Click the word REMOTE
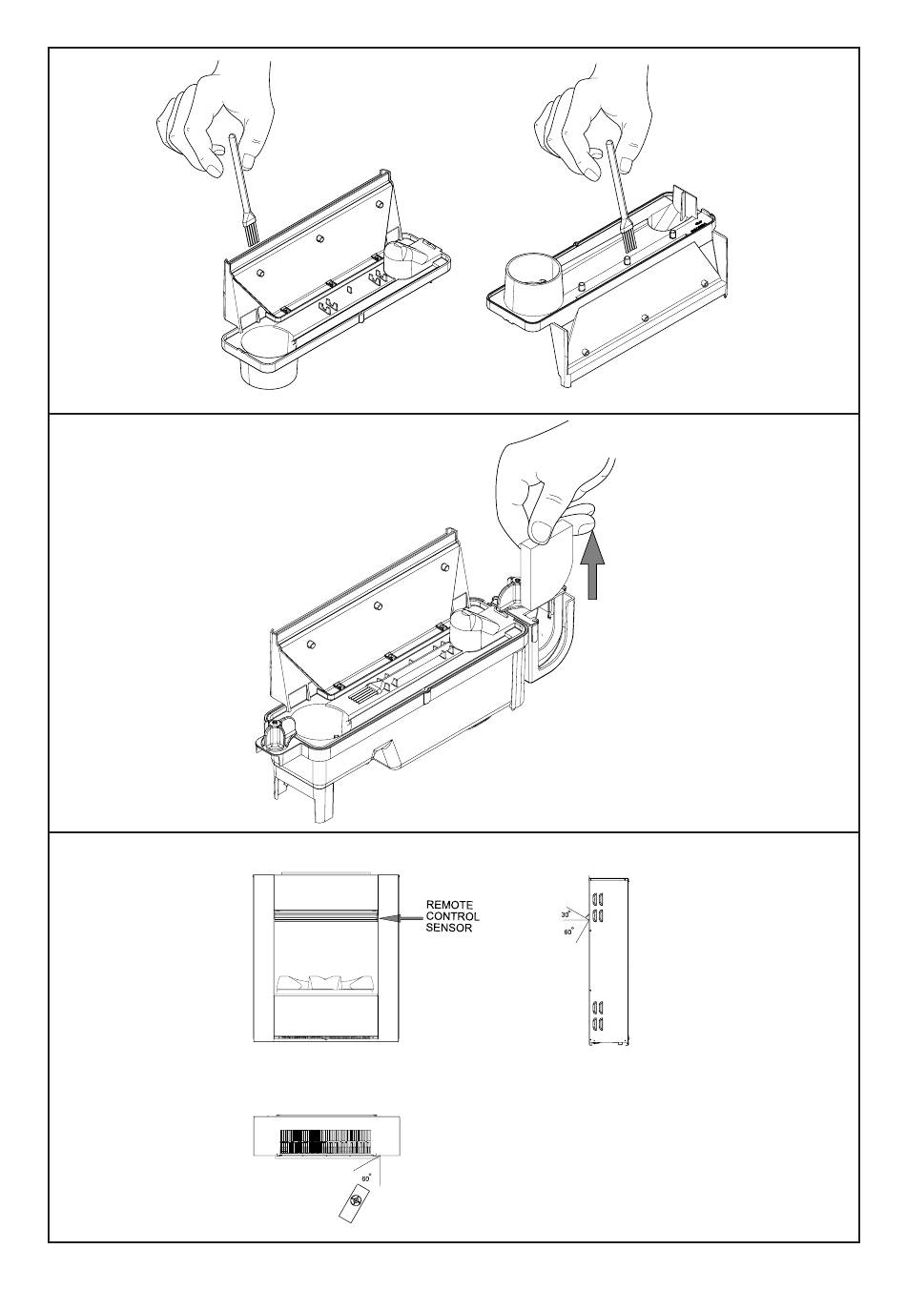[448, 905]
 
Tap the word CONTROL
[452, 916]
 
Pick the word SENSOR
[448, 928]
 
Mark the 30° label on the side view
[566, 914]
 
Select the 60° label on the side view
[568, 932]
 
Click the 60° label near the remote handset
[365, 1177]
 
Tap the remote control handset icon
[356, 1203]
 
